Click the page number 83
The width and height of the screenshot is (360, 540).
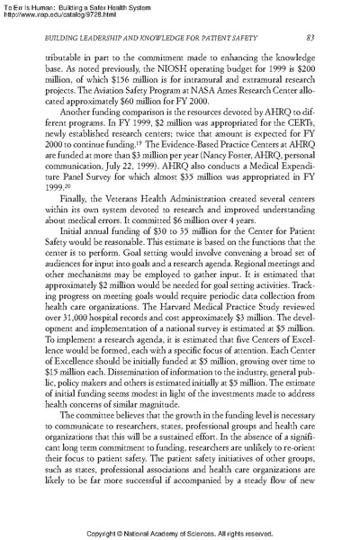point(310,37)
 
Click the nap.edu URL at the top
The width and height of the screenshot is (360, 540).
point(61,15)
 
